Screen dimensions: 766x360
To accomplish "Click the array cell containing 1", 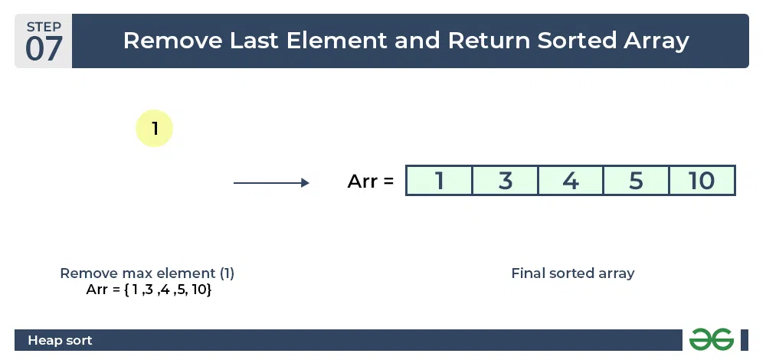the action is pyautogui.click(x=439, y=181).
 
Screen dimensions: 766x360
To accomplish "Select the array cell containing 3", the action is pyautogui.click(x=505, y=181).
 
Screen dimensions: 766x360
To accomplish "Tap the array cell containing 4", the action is pyautogui.click(x=571, y=181).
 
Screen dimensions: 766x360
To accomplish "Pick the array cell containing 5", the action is pyautogui.click(x=636, y=181).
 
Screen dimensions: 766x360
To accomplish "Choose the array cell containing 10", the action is pyautogui.click(x=702, y=181).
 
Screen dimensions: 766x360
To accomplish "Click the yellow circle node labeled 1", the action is pyautogui.click(x=155, y=129).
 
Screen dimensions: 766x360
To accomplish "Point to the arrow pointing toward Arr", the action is pyautogui.click(x=271, y=183).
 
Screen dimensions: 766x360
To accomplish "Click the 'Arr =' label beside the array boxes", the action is pyautogui.click(x=370, y=182).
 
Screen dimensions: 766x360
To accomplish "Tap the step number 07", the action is pyautogui.click(x=44, y=49).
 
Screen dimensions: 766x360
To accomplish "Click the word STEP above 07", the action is pyautogui.click(x=44, y=26).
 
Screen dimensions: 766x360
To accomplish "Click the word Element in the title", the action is pyautogui.click(x=337, y=41).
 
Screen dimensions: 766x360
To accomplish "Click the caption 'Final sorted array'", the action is pyautogui.click(x=572, y=273).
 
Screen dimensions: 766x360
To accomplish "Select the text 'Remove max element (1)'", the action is pyautogui.click(x=147, y=273).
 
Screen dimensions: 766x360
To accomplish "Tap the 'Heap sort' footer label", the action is pyautogui.click(x=60, y=340).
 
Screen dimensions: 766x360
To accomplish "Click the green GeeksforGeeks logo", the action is pyautogui.click(x=712, y=339).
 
